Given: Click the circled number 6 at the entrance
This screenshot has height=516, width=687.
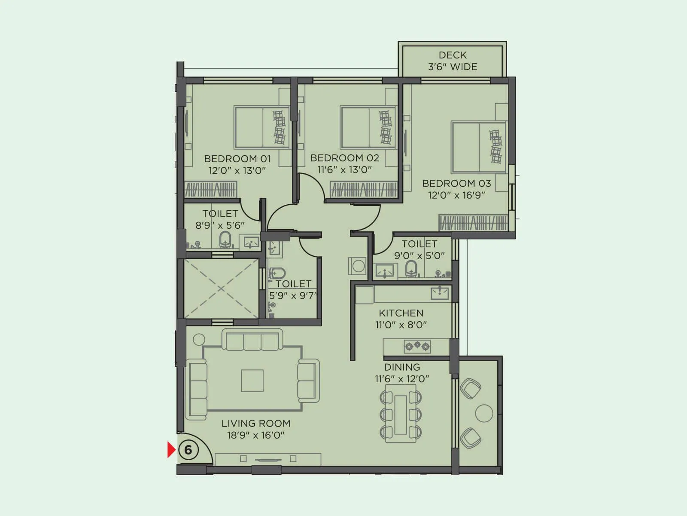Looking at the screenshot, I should pos(188,450).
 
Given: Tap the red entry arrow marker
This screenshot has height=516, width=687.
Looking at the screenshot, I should pos(171,450).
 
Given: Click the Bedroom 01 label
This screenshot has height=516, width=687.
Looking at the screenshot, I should pos(237,159).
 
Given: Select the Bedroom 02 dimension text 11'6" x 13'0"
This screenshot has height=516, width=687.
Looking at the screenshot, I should pos(344,170).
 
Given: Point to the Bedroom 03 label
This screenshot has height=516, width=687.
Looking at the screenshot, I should pos(456,183).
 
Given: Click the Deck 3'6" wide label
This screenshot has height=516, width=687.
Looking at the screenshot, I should pos(453,61).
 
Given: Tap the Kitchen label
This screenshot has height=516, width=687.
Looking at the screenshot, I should pos(401,313).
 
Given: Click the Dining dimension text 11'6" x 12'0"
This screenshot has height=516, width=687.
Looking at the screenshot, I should pos(402,379).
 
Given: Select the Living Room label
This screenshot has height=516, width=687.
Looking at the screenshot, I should pos(256,424).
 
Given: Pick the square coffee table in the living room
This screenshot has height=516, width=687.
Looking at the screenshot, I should pos(252,381).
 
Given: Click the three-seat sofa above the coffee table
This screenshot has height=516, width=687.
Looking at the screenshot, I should pos(252,340).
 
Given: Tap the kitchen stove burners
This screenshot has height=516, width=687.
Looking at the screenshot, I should pos(416,345).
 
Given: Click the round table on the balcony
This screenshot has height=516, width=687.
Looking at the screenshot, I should pos(484,413).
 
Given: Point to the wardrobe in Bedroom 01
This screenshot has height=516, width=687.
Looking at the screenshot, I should pos(211,189).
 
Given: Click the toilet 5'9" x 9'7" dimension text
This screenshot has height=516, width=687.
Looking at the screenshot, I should pos(292,296).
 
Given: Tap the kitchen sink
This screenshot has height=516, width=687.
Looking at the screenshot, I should pos(440,293).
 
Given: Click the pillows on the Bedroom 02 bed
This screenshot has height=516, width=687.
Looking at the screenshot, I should pos(385,127).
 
